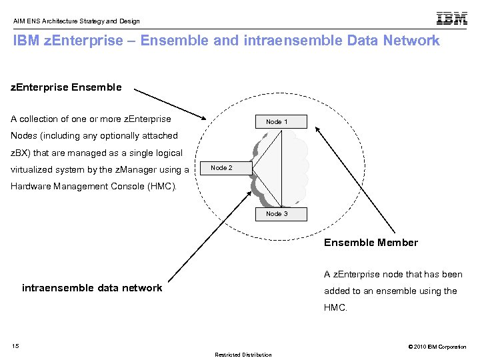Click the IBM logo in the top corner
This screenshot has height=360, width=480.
pyautogui.click(x=451, y=19)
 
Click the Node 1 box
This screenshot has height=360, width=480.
pyautogui.click(x=277, y=121)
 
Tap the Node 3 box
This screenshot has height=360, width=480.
pyautogui.click(x=277, y=214)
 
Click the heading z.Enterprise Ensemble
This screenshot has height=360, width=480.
pyautogui.click(x=66, y=87)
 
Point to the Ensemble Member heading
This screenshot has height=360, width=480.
pyautogui.click(x=371, y=243)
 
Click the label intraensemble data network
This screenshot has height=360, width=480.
pyautogui.click(x=92, y=288)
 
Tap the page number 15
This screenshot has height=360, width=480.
pyautogui.click(x=15, y=346)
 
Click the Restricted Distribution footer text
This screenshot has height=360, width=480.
pyautogui.click(x=243, y=355)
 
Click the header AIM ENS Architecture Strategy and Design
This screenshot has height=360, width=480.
pyautogui.click(x=77, y=21)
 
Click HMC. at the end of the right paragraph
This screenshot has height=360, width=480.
pyautogui.click(x=336, y=307)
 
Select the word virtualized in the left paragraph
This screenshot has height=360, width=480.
pyautogui.click(x=33, y=170)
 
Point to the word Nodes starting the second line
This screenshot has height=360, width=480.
pyautogui.click(x=23, y=136)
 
